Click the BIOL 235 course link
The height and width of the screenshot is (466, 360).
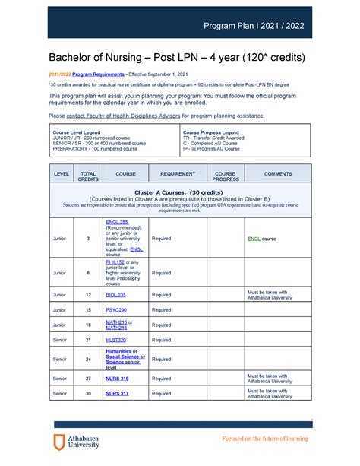pos(115,294)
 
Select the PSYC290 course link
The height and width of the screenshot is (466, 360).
pos(115,309)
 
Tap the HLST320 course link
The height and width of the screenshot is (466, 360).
pos(115,340)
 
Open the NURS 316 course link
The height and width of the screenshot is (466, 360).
pos(117,378)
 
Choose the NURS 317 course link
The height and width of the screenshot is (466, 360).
pos(117,393)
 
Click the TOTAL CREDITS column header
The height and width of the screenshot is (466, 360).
pos(88,176)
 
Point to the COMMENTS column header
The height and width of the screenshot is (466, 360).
pos(278,173)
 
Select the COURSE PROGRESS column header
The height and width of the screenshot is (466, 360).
pos(225,176)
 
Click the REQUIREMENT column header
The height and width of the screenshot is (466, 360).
pos(178,173)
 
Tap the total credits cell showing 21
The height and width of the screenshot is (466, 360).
pos(88,340)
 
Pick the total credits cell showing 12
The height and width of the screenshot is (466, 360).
pos(88,294)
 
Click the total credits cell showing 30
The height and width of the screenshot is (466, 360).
pos(88,393)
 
